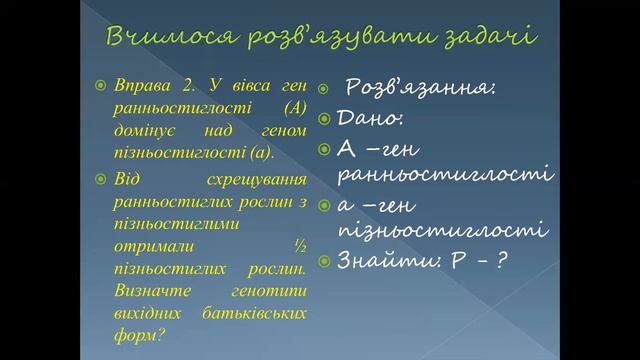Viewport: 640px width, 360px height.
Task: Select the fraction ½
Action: pyautogui.click(x=298, y=245)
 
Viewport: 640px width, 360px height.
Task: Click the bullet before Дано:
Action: pyautogui.click(x=325, y=119)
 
